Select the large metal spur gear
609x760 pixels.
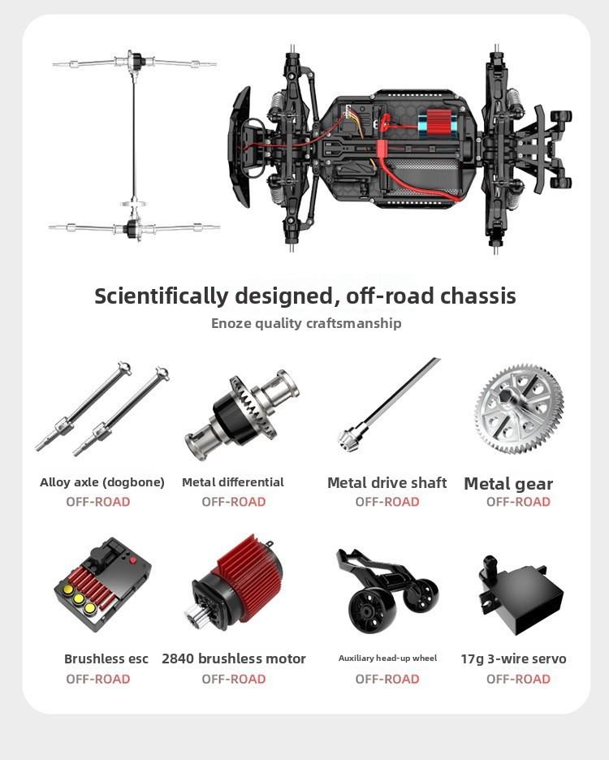pyautogui.click(x=519, y=408)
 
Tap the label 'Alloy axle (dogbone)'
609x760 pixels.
pyautogui.click(x=102, y=482)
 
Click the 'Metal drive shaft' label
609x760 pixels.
pyautogui.click(x=387, y=483)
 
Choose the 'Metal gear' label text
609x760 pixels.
pyautogui.click(x=508, y=484)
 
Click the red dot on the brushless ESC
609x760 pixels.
pyautogui.click(x=133, y=560)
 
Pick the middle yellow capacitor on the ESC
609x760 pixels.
pyautogui.click(x=79, y=599)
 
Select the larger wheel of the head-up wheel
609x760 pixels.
pyautogui.click(x=369, y=610)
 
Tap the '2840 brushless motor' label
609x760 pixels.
pyautogui.click(x=234, y=659)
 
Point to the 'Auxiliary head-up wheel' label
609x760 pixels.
pyautogui.click(x=387, y=659)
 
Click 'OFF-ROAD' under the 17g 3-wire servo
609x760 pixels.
pyautogui.click(x=518, y=679)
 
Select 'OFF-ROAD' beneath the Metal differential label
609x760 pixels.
pyautogui.click(x=234, y=502)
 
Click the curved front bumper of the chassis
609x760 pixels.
pyautogui.click(x=240, y=147)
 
